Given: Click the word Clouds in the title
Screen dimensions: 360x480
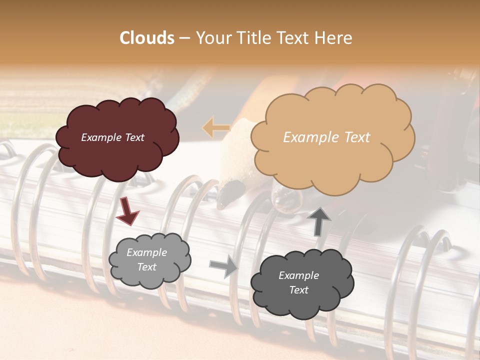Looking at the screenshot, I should [147, 38].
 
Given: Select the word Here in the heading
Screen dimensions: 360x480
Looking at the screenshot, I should [334, 38].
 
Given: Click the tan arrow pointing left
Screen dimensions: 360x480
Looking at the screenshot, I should [216, 128].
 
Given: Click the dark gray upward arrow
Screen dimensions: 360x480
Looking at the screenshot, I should [318, 221].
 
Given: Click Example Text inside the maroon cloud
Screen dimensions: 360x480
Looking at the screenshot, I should [112, 137].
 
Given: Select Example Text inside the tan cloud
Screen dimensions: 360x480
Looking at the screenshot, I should [326, 137].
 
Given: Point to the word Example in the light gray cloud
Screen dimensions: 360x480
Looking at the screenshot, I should [146, 252].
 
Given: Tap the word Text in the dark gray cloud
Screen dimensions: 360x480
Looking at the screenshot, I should [298, 290].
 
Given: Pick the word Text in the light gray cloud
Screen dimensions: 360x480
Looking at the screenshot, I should [146, 267].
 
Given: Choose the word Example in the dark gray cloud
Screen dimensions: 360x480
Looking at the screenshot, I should [298, 275].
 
